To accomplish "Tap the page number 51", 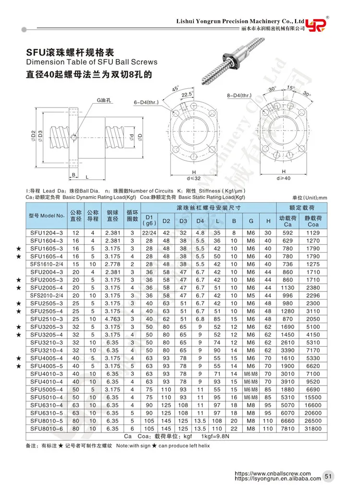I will coord(328,476).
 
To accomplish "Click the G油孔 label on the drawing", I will coord(103,100).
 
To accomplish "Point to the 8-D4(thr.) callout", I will coord(240,96).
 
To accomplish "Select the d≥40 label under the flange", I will coord(284,178).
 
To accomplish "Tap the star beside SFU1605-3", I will coord(18,249).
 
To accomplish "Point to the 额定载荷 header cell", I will coord(301,207).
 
